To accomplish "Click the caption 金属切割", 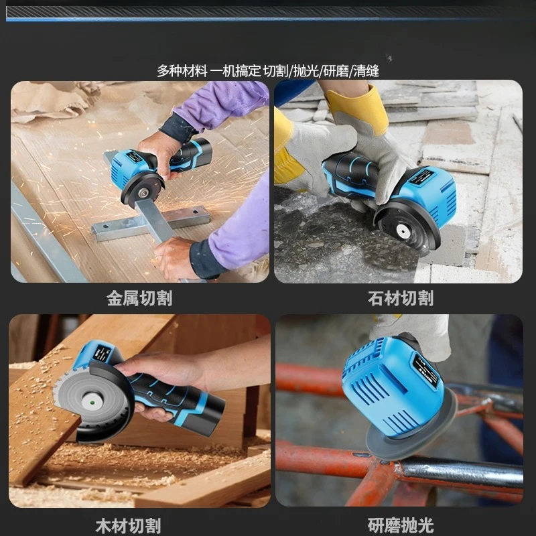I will click(x=139, y=298).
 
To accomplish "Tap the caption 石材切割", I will click(x=401, y=298).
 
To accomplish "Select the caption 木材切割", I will click(x=128, y=525).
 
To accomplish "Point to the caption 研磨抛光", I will click(x=401, y=525).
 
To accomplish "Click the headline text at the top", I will click(x=268, y=71).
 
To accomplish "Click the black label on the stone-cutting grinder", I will click(x=423, y=176).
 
